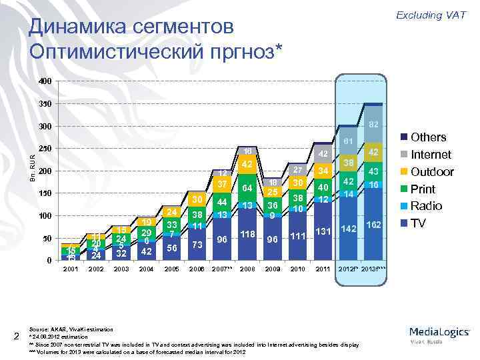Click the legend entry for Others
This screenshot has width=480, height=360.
428,137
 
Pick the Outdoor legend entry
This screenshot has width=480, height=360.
432,171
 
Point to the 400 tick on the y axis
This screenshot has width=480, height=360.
44,82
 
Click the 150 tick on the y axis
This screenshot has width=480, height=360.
44,193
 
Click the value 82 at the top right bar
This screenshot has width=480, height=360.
374,124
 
